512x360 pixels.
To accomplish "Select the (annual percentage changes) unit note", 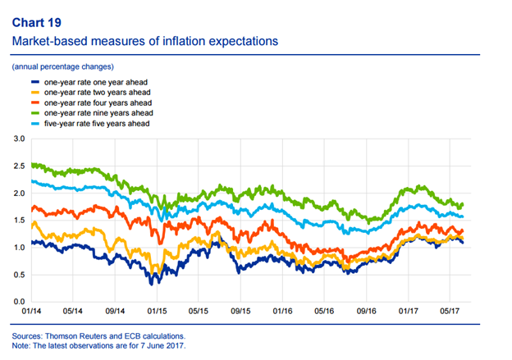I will coord(62,66).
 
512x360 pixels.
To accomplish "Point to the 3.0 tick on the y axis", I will coord(19,140).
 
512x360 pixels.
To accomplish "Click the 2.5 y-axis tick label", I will coord(19,167).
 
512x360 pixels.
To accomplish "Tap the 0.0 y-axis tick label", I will coord(19,302).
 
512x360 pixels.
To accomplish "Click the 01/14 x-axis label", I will coord(31,312).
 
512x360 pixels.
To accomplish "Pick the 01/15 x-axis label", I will coord(157,312).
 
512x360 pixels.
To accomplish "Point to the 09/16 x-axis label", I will coord(366,312).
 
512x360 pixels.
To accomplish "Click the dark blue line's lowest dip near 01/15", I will coord(153,282).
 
